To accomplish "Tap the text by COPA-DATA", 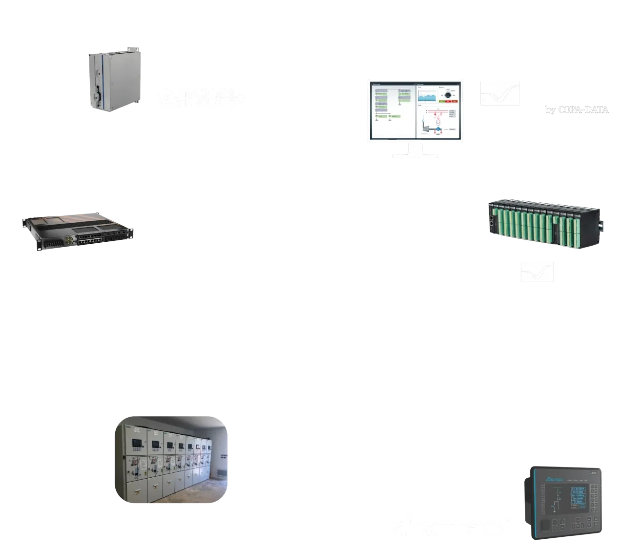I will point(576,109).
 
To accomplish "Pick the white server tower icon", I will point(198,155).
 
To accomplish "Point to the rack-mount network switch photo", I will point(78,231).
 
